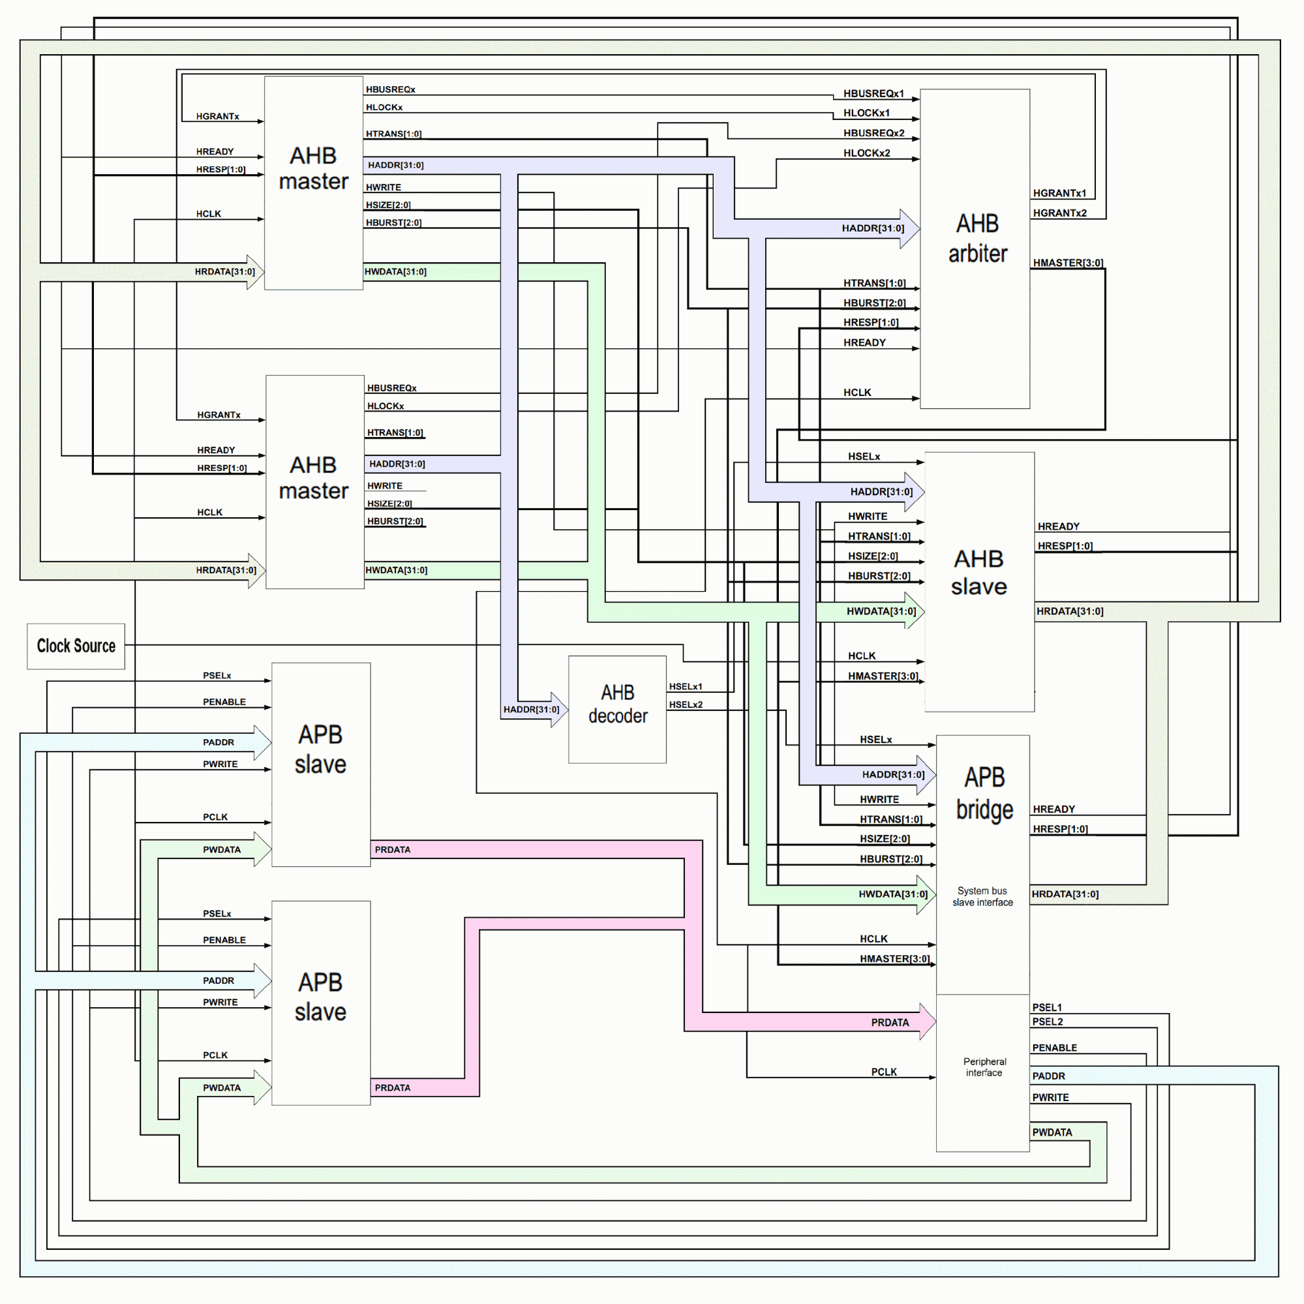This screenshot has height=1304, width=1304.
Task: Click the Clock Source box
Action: pyautogui.click(x=76, y=646)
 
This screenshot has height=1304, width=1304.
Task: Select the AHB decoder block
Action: pyautogui.click(x=617, y=709)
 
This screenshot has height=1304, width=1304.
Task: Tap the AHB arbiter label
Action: pyautogui.click(x=977, y=238)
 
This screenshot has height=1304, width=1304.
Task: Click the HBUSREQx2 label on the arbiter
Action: pyautogui.click(x=873, y=133)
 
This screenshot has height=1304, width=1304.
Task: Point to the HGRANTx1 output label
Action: pyautogui.click(x=1059, y=193)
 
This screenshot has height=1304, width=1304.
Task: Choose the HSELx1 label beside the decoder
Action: pyautogui.click(x=685, y=686)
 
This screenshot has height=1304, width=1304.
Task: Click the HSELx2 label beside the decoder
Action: pyautogui.click(x=685, y=705)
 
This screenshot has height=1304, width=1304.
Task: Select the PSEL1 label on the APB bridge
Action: pyautogui.click(x=1046, y=1007)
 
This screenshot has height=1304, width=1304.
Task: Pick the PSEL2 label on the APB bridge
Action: pyautogui.click(x=1047, y=1021)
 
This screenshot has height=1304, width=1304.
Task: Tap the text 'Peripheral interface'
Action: pyautogui.click(x=984, y=1067)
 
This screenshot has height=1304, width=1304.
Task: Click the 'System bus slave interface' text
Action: pyautogui.click(x=982, y=896)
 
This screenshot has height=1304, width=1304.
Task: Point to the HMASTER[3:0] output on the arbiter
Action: pyautogui.click(x=1068, y=262)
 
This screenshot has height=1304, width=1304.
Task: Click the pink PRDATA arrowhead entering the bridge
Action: pyautogui.click(x=928, y=1022)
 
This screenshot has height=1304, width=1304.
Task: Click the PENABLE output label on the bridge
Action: pyautogui.click(x=1054, y=1048)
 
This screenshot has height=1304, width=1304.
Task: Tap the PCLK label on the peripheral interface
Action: pyautogui.click(x=883, y=1072)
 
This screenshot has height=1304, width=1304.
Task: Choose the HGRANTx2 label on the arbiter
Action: pyautogui.click(x=1059, y=213)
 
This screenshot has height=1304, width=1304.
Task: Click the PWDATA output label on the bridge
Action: pyautogui.click(x=1052, y=1132)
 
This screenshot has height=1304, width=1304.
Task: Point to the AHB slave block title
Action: pyautogui.click(x=978, y=572)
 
